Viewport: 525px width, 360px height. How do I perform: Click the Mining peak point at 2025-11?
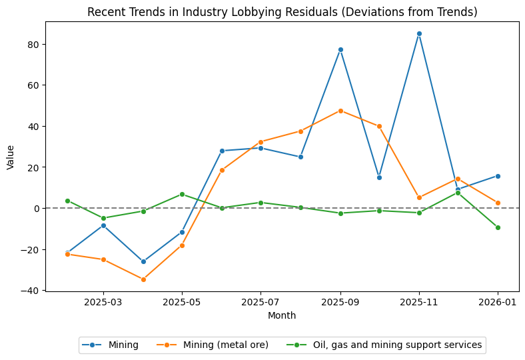[419, 33]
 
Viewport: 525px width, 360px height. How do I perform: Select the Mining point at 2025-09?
[340, 49]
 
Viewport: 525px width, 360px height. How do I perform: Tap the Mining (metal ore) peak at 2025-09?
[340, 111]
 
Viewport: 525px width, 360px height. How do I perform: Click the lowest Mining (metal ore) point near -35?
[143, 279]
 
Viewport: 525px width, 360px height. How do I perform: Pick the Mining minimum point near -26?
[143, 261]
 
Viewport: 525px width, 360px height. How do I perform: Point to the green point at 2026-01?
[498, 227]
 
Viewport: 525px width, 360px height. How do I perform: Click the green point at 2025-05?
[182, 194]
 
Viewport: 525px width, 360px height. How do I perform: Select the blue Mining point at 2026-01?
[498, 176]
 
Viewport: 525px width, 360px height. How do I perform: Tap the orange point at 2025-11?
[419, 197]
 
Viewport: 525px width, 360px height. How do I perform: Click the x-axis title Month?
[282, 315]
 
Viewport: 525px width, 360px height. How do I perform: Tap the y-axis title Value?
[10, 157]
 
